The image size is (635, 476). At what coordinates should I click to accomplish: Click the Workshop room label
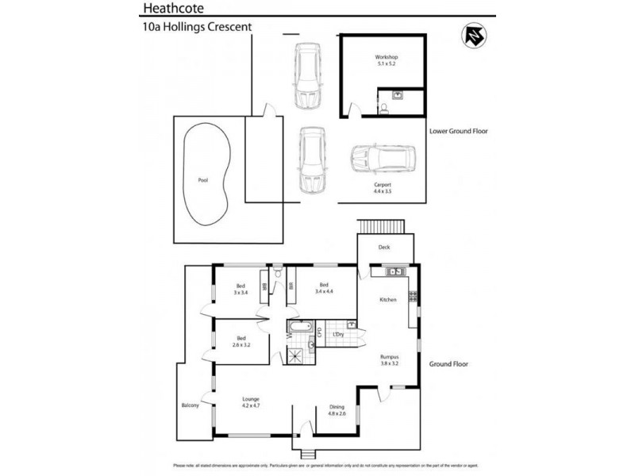click(x=386, y=61)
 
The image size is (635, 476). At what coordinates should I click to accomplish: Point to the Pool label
click(x=203, y=181)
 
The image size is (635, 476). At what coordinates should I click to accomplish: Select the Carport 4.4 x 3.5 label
click(x=383, y=188)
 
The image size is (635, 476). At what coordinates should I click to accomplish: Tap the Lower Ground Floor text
click(x=458, y=131)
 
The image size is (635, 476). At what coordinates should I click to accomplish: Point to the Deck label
click(x=384, y=247)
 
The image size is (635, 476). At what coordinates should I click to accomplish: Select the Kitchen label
click(x=387, y=299)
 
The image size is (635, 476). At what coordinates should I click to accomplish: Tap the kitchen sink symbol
click(x=394, y=273)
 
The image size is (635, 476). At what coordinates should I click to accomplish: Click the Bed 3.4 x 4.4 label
click(x=324, y=289)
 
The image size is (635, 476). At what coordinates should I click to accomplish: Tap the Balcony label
click(x=190, y=405)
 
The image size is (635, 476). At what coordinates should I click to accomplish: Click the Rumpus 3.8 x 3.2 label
click(x=388, y=360)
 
